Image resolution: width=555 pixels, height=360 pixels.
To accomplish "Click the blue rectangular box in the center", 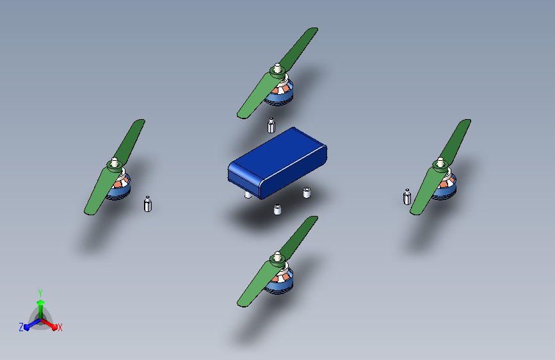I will pyautogui.click(x=277, y=162).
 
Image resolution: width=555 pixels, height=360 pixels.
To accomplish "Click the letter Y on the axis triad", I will pyautogui.click(x=40, y=291).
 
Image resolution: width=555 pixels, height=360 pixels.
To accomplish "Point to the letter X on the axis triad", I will pyautogui.click(x=60, y=327).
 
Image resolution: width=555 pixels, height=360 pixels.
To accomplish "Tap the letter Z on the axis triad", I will pyautogui.click(x=21, y=327).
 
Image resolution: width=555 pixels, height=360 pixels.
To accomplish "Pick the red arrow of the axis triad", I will pyautogui.click(x=51, y=324).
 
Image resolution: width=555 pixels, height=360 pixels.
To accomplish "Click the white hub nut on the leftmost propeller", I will pyautogui.click(x=115, y=163).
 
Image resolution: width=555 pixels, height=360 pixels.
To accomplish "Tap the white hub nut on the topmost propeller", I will pyautogui.click(x=277, y=67).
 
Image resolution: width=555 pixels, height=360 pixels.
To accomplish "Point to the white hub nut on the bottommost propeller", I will pyautogui.click(x=277, y=258).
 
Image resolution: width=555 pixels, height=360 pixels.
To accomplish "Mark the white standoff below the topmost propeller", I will pyautogui.click(x=271, y=125).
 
